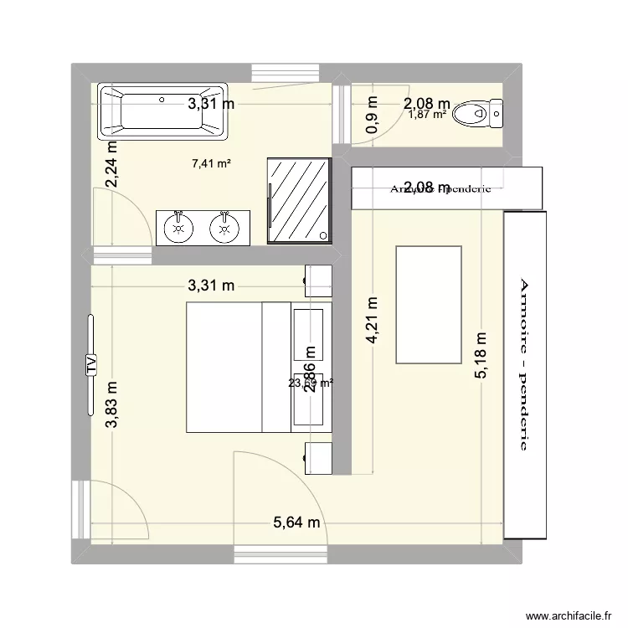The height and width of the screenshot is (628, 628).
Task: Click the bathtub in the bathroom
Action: coord(162,111)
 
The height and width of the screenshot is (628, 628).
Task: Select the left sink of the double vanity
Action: coord(178,227)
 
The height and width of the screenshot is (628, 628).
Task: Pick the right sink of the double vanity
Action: coord(224,227)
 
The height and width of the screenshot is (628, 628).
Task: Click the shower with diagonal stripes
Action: coord(298,201)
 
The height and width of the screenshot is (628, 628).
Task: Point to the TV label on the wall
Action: coord(90,363)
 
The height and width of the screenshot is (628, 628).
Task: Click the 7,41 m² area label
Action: coord(211,165)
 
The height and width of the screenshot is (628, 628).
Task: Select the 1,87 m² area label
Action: coord(428,115)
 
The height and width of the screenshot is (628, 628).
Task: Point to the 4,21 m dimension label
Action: coord(371,319)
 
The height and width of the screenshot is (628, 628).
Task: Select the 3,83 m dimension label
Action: coord(111,405)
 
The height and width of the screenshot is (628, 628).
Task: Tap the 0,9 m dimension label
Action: coord(371,111)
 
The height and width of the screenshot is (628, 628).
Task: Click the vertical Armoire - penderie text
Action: coord(525,363)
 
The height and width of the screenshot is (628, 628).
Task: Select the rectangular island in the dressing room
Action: coord(428,304)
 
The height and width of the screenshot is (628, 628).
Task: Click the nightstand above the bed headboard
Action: coord(318,281)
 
